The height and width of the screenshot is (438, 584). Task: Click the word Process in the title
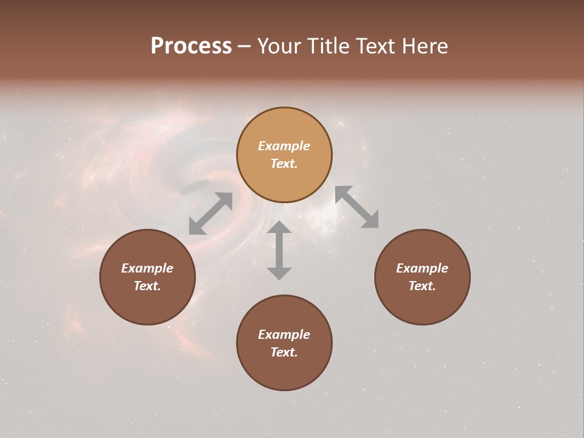(191, 46)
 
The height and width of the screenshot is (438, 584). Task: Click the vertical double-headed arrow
(279, 250)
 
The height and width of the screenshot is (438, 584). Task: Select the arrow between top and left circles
(211, 214)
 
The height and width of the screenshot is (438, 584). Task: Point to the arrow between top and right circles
(356, 207)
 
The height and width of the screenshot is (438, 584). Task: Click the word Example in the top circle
(284, 146)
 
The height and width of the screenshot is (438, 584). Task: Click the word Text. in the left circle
(147, 286)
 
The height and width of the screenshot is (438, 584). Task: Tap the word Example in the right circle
(422, 268)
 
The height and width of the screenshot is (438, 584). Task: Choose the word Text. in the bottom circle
(284, 352)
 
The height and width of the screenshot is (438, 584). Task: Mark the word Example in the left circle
(147, 268)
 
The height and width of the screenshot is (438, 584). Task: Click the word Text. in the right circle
(422, 286)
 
